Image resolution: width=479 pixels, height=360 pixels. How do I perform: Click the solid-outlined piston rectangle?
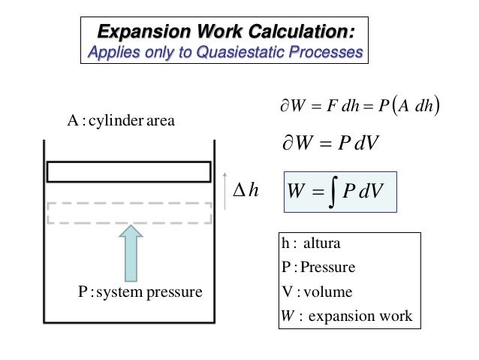click(x=128, y=171)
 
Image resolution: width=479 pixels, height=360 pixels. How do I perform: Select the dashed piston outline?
click(x=128, y=213)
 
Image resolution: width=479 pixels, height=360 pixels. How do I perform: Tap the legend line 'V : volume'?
click(x=314, y=292)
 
